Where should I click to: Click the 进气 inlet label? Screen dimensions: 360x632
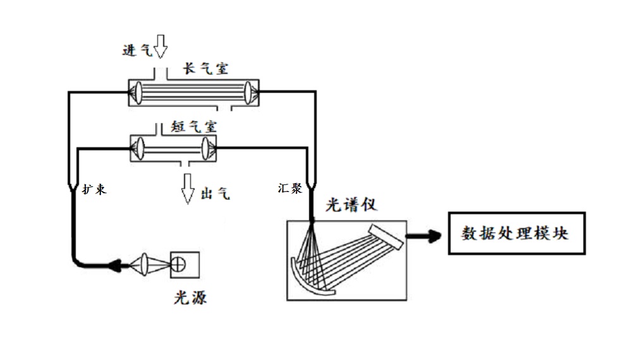pyautogui.click(x=137, y=51)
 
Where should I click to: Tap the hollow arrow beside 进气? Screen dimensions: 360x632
pyautogui.click(x=161, y=45)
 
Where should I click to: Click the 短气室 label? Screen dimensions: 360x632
pyautogui.click(x=194, y=126)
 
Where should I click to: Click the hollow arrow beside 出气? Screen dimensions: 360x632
pyautogui.click(x=187, y=189)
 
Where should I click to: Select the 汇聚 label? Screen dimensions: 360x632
pyautogui.click(x=290, y=188)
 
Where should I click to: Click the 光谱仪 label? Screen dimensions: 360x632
pyautogui.click(x=352, y=206)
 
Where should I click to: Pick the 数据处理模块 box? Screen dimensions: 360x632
pyautogui.click(x=516, y=234)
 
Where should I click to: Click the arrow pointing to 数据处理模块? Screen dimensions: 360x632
pyautogui.click(x=424, y=236)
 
